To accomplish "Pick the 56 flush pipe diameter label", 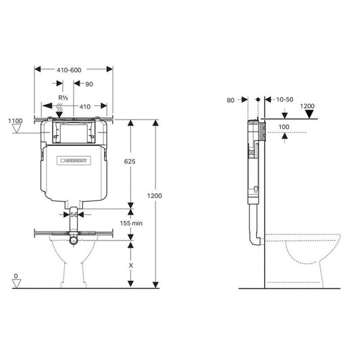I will click(74, 214).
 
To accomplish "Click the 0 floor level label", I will click(16, 277).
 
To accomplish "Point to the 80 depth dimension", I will click(230, 100).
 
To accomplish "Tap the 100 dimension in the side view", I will click(283, 126).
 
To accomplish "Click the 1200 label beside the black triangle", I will click(308, 106).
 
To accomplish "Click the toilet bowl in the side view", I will click(307, 253).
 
